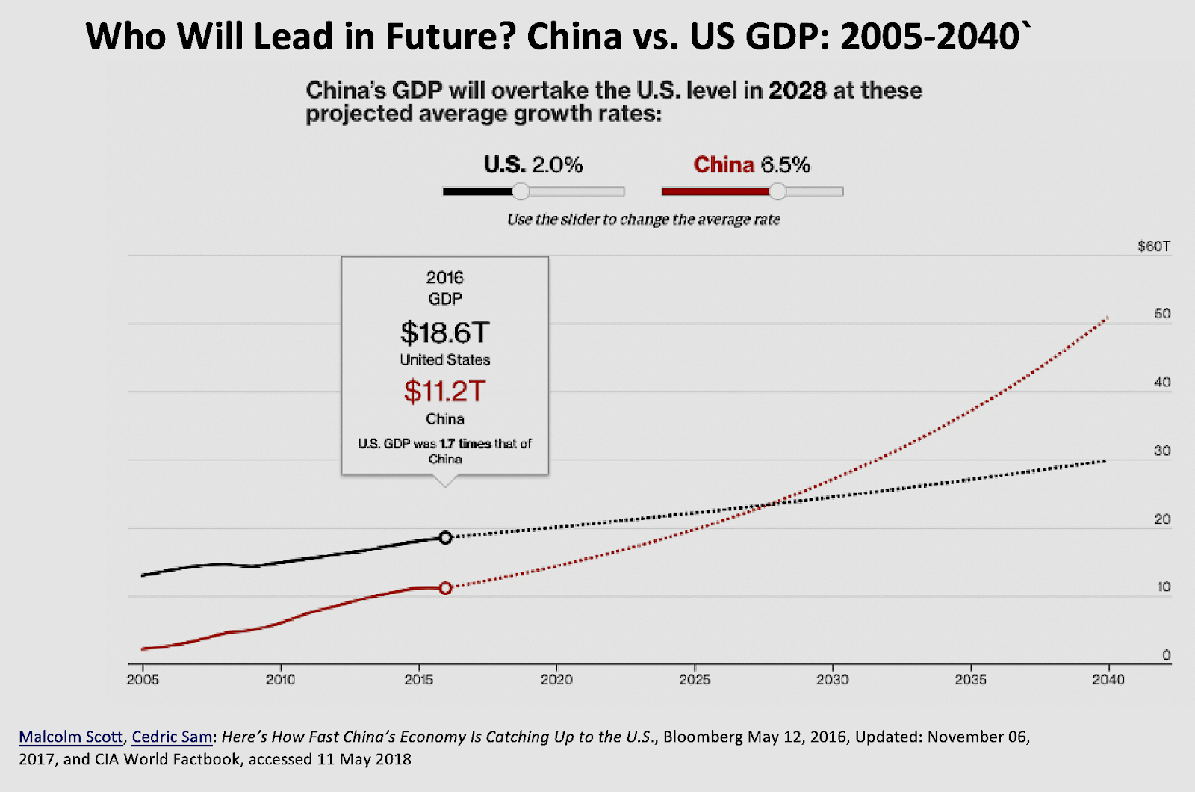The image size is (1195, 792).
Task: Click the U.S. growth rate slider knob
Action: [x=521, y=191]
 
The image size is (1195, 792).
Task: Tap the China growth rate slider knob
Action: [x=777, y=191]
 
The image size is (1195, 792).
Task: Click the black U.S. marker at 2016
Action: [x=445, y=537]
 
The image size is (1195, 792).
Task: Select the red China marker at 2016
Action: [x=445, y=588]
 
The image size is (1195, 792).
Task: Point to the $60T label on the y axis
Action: [x=1153, y=246]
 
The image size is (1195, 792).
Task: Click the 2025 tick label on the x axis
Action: [x=695, y=679]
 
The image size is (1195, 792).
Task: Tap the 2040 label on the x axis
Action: [x=1108, y=679]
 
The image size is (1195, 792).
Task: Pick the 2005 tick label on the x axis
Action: [x=143, y=679]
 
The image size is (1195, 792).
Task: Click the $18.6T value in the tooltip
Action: [x=444, y=332]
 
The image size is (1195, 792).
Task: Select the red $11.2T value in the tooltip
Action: [x=444, y=391]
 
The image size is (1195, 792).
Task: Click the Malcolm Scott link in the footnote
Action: [x=70, y=737]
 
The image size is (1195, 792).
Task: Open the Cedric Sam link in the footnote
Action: [x=172, y=737]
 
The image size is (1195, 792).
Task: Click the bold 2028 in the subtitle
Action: [x=797, y=90]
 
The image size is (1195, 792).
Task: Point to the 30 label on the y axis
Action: [x=1162, y=451]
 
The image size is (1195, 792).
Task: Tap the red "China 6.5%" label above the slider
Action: [x=751, y=164]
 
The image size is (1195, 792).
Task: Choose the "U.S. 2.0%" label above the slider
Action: [x=533, y=164]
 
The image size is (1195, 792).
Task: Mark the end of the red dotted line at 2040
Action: [x=1107, y=318]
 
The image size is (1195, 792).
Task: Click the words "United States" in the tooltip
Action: [x=444, y=359]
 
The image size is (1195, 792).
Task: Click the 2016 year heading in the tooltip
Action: [x=444, y=277]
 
